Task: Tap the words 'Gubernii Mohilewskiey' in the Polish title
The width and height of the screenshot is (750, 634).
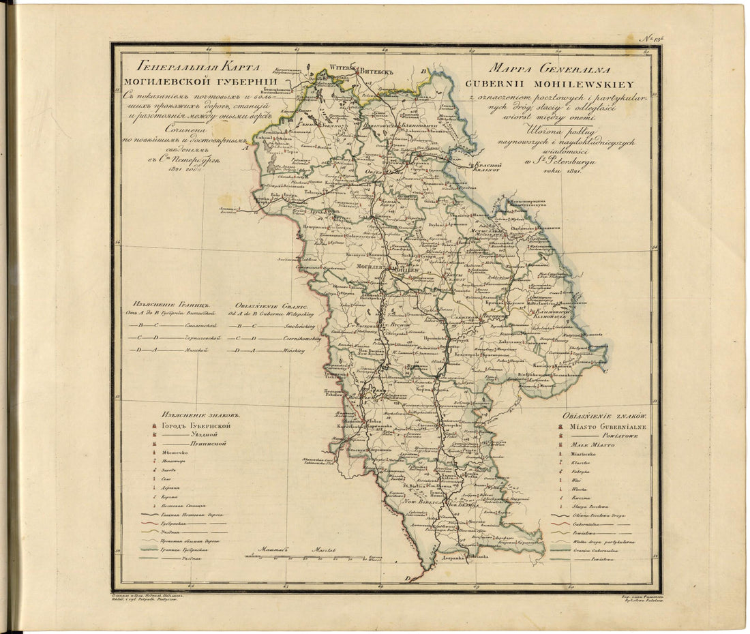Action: (533, 85)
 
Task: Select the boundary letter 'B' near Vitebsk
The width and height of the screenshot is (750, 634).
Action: (423, 70)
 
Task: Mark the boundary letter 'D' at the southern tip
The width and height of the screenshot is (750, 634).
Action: (408, 578)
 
